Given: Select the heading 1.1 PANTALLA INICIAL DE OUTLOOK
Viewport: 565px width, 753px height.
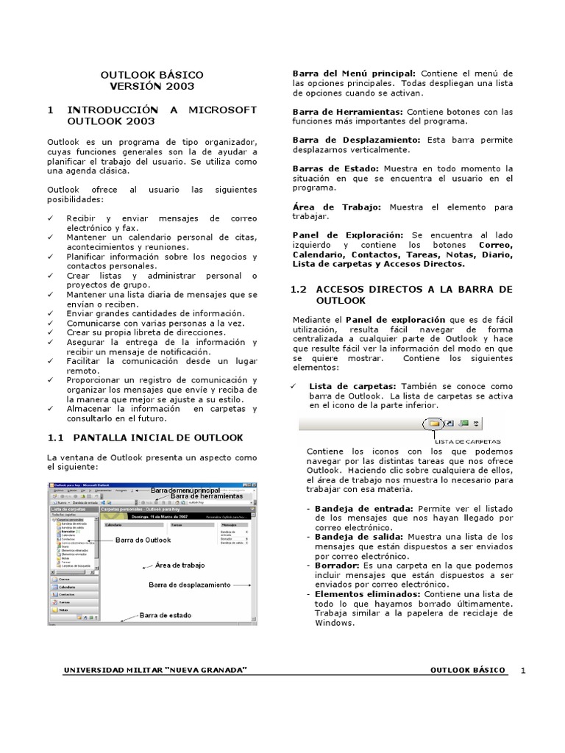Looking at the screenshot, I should (x=145, y=438).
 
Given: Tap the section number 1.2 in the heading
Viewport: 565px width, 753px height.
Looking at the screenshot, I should (x=300, y=290).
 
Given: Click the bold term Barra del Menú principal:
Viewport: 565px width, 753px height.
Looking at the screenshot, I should (x=354, y=74).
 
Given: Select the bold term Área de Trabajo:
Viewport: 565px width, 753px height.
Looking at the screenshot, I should (x=336, y=207).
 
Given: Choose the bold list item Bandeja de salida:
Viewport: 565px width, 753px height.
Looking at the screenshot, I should (x=360, y=536).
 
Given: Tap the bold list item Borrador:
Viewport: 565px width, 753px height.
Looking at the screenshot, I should (x=339, y=565).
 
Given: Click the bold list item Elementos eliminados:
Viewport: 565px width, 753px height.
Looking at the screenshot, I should (x=371, y=593).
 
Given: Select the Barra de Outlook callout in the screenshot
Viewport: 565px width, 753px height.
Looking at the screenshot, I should (x=143, y=540).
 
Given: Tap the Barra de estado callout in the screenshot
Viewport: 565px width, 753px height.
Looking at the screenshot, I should (x=168, y=615).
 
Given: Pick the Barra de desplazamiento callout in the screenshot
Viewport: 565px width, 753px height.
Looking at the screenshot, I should (x=189, y=585).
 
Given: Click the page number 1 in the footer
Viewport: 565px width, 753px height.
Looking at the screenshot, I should (x=523, y=671).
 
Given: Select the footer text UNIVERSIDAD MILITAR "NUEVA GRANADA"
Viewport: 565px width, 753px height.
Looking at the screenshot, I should (x=155, y=671).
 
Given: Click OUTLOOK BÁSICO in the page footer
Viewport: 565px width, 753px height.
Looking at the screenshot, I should (x=467, y=671).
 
